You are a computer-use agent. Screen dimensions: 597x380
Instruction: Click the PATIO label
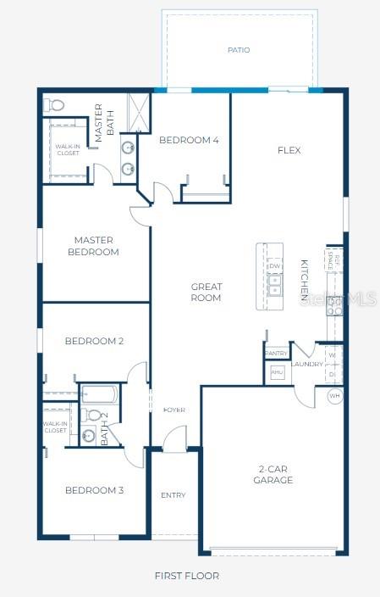(x=239, y=50)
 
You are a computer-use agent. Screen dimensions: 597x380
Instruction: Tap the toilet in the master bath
(x=56, y=106)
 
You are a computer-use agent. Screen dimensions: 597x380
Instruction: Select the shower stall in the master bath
(x=136, y=112)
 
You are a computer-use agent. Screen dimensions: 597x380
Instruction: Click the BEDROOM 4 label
(x=189, y=140)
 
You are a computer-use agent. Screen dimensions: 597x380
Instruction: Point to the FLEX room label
(x=289, y=150)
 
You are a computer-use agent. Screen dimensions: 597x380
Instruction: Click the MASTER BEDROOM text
(x=94, y=246)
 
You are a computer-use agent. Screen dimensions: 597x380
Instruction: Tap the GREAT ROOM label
(x=206, y=293)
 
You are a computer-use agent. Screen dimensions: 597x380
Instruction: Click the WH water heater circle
(x=334, y=396)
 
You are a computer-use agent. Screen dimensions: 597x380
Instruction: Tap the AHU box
(x=277, y=372)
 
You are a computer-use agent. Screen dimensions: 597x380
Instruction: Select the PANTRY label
(x=276, y=353)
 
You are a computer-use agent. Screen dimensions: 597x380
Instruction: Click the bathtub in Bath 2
(x=101, y=394)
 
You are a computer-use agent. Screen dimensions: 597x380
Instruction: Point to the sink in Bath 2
(x=88, y=438)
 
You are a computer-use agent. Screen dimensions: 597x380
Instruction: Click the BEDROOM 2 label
(x=94, y=341)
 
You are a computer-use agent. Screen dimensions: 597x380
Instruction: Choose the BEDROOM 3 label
(x=94, y=490)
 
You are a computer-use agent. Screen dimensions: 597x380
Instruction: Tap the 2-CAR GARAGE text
(x=273, y=474)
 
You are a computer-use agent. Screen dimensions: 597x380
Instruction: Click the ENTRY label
(x=173, y=495)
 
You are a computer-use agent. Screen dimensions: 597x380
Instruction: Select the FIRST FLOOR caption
(x=186, y=576)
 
